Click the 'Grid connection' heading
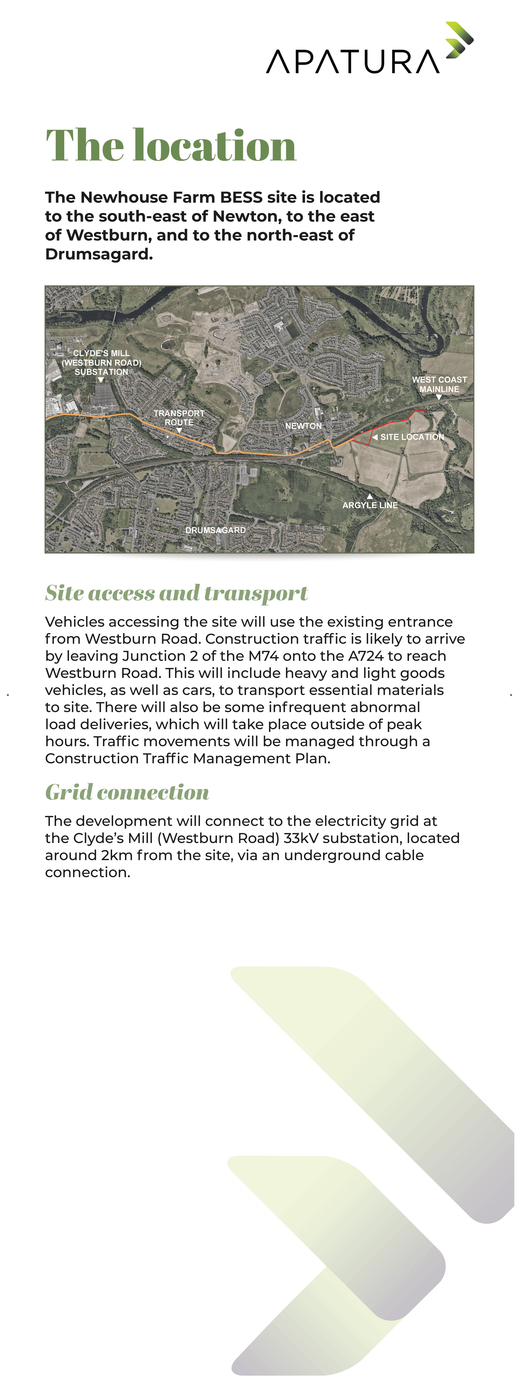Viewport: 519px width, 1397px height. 127,792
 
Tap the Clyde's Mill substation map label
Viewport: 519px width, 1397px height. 102,362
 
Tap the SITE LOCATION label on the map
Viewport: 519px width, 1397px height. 412,437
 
